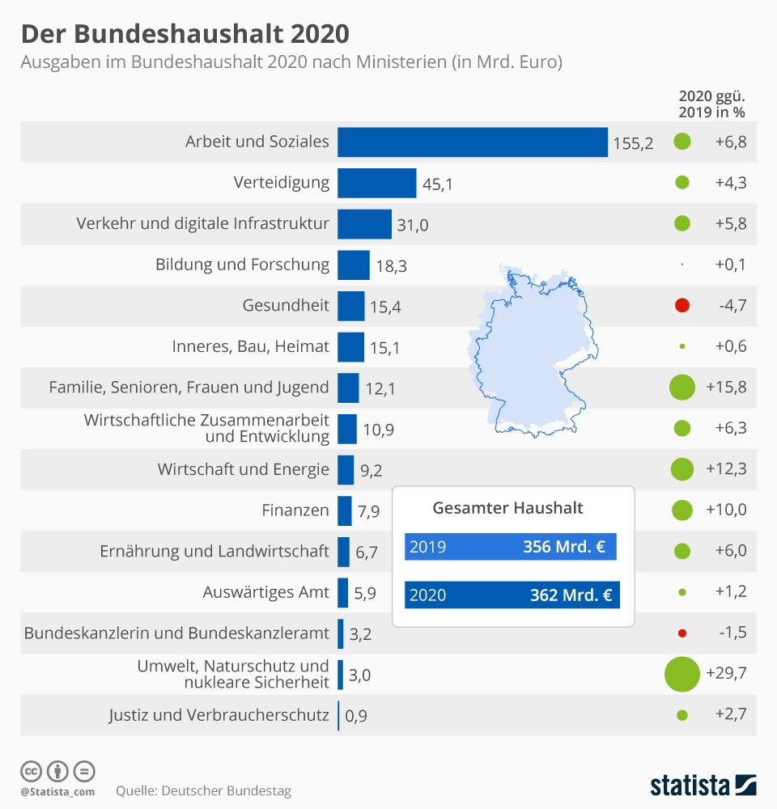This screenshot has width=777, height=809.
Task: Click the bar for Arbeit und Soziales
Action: click(472, 142)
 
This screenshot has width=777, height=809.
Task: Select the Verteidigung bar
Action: click(376, 183)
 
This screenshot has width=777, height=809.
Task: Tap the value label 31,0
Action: click(412, 225)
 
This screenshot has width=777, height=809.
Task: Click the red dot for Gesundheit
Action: click(681, 306)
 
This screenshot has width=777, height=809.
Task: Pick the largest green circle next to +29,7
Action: click(681, 674)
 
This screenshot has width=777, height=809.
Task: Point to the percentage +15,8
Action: click(726, 388)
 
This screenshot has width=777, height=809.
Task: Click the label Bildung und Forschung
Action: click(242, 265)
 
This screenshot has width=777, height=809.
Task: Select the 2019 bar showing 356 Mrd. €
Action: click(510, 547)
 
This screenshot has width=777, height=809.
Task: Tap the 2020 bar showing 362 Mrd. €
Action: click(510, 595)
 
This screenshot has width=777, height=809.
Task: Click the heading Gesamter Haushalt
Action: click(507, 508)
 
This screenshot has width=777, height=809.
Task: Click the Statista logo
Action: click(703, 785)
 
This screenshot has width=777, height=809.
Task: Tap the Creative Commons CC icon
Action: click(31, 770)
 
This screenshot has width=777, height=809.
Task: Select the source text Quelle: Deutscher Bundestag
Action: click(203, 790)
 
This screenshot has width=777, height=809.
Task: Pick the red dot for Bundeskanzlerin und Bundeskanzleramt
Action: click(681, 633)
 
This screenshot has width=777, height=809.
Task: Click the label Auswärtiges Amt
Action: click(265, 592)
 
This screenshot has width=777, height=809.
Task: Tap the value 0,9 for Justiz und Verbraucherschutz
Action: click(356, 716)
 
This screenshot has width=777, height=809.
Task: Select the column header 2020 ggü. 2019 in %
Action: click(711, 104)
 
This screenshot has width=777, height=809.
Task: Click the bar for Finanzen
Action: click(344, 510)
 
